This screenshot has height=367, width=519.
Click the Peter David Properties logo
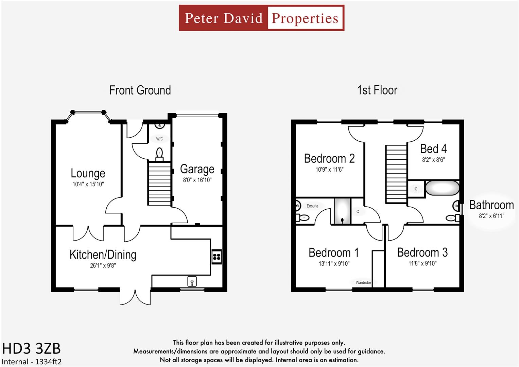262,18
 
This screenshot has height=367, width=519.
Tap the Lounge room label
88,173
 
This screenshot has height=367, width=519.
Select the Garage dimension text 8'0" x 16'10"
197,180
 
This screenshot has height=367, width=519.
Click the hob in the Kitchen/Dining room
217,257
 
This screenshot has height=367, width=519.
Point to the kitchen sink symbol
192,281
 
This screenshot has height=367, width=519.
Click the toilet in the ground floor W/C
159,154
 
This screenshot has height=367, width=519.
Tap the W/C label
159,139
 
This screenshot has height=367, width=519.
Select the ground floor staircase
159,184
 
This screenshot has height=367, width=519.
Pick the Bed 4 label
433,149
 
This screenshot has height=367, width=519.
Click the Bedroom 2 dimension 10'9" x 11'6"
329,170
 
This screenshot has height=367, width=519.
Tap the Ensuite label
312,206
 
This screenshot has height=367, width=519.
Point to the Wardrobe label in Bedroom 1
363,282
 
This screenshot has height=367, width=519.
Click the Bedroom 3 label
422,252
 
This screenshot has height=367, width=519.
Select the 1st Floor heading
377,90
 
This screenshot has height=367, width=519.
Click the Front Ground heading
140,90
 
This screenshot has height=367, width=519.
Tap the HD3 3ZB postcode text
32,349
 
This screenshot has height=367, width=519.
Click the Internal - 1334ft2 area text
32,362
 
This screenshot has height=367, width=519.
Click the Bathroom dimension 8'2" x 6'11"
491,216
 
